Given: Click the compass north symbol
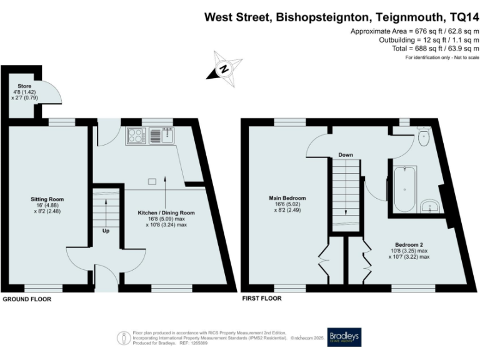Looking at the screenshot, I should pos(224,68).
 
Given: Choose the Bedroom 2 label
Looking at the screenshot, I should pos(409,250).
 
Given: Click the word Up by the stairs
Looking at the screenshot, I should pos(106,231).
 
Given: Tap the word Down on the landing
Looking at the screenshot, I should pos(346,154).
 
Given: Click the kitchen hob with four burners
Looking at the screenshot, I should pos(137,134).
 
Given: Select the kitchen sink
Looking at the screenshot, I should pos(166,134).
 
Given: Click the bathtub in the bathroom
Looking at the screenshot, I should pos(407,182).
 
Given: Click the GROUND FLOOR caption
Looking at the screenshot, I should pos(27,299).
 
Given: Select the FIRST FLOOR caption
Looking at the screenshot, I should pos(262,299).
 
